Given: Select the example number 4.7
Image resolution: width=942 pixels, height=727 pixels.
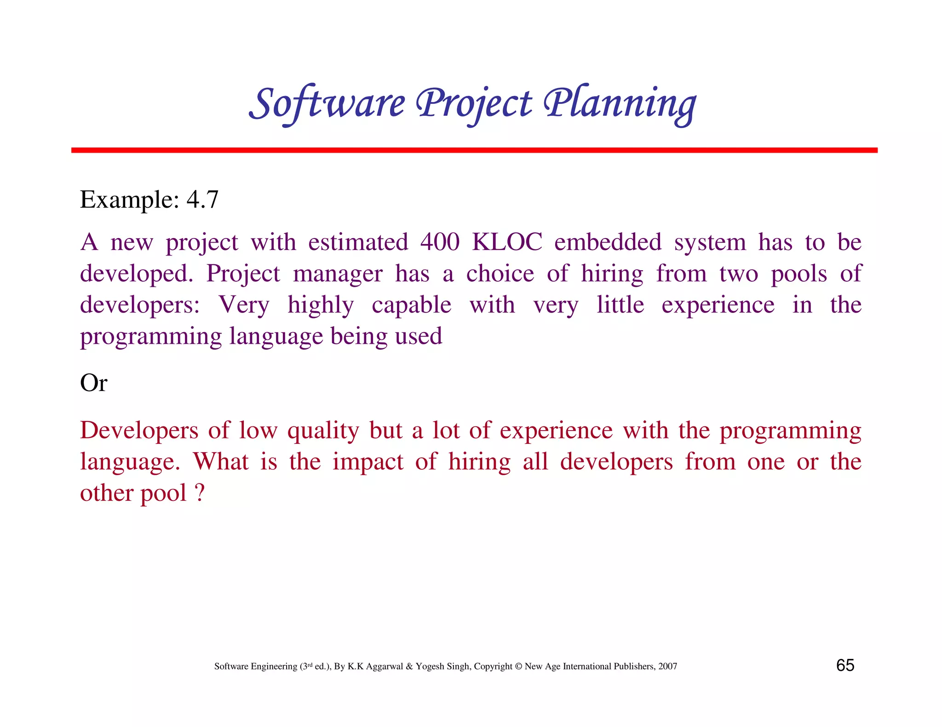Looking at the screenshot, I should point(202,199).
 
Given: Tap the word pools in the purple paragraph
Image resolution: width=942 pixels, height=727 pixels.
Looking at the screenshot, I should point(799,274).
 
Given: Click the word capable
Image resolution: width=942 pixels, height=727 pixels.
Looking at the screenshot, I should point(411,305).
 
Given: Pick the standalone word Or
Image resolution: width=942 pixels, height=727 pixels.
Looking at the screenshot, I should point(93,382).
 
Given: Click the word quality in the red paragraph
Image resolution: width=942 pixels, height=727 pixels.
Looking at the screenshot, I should point(323,431).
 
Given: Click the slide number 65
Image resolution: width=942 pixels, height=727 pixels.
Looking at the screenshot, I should point(845,665).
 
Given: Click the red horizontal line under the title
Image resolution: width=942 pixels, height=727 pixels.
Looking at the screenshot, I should point(474,150).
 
